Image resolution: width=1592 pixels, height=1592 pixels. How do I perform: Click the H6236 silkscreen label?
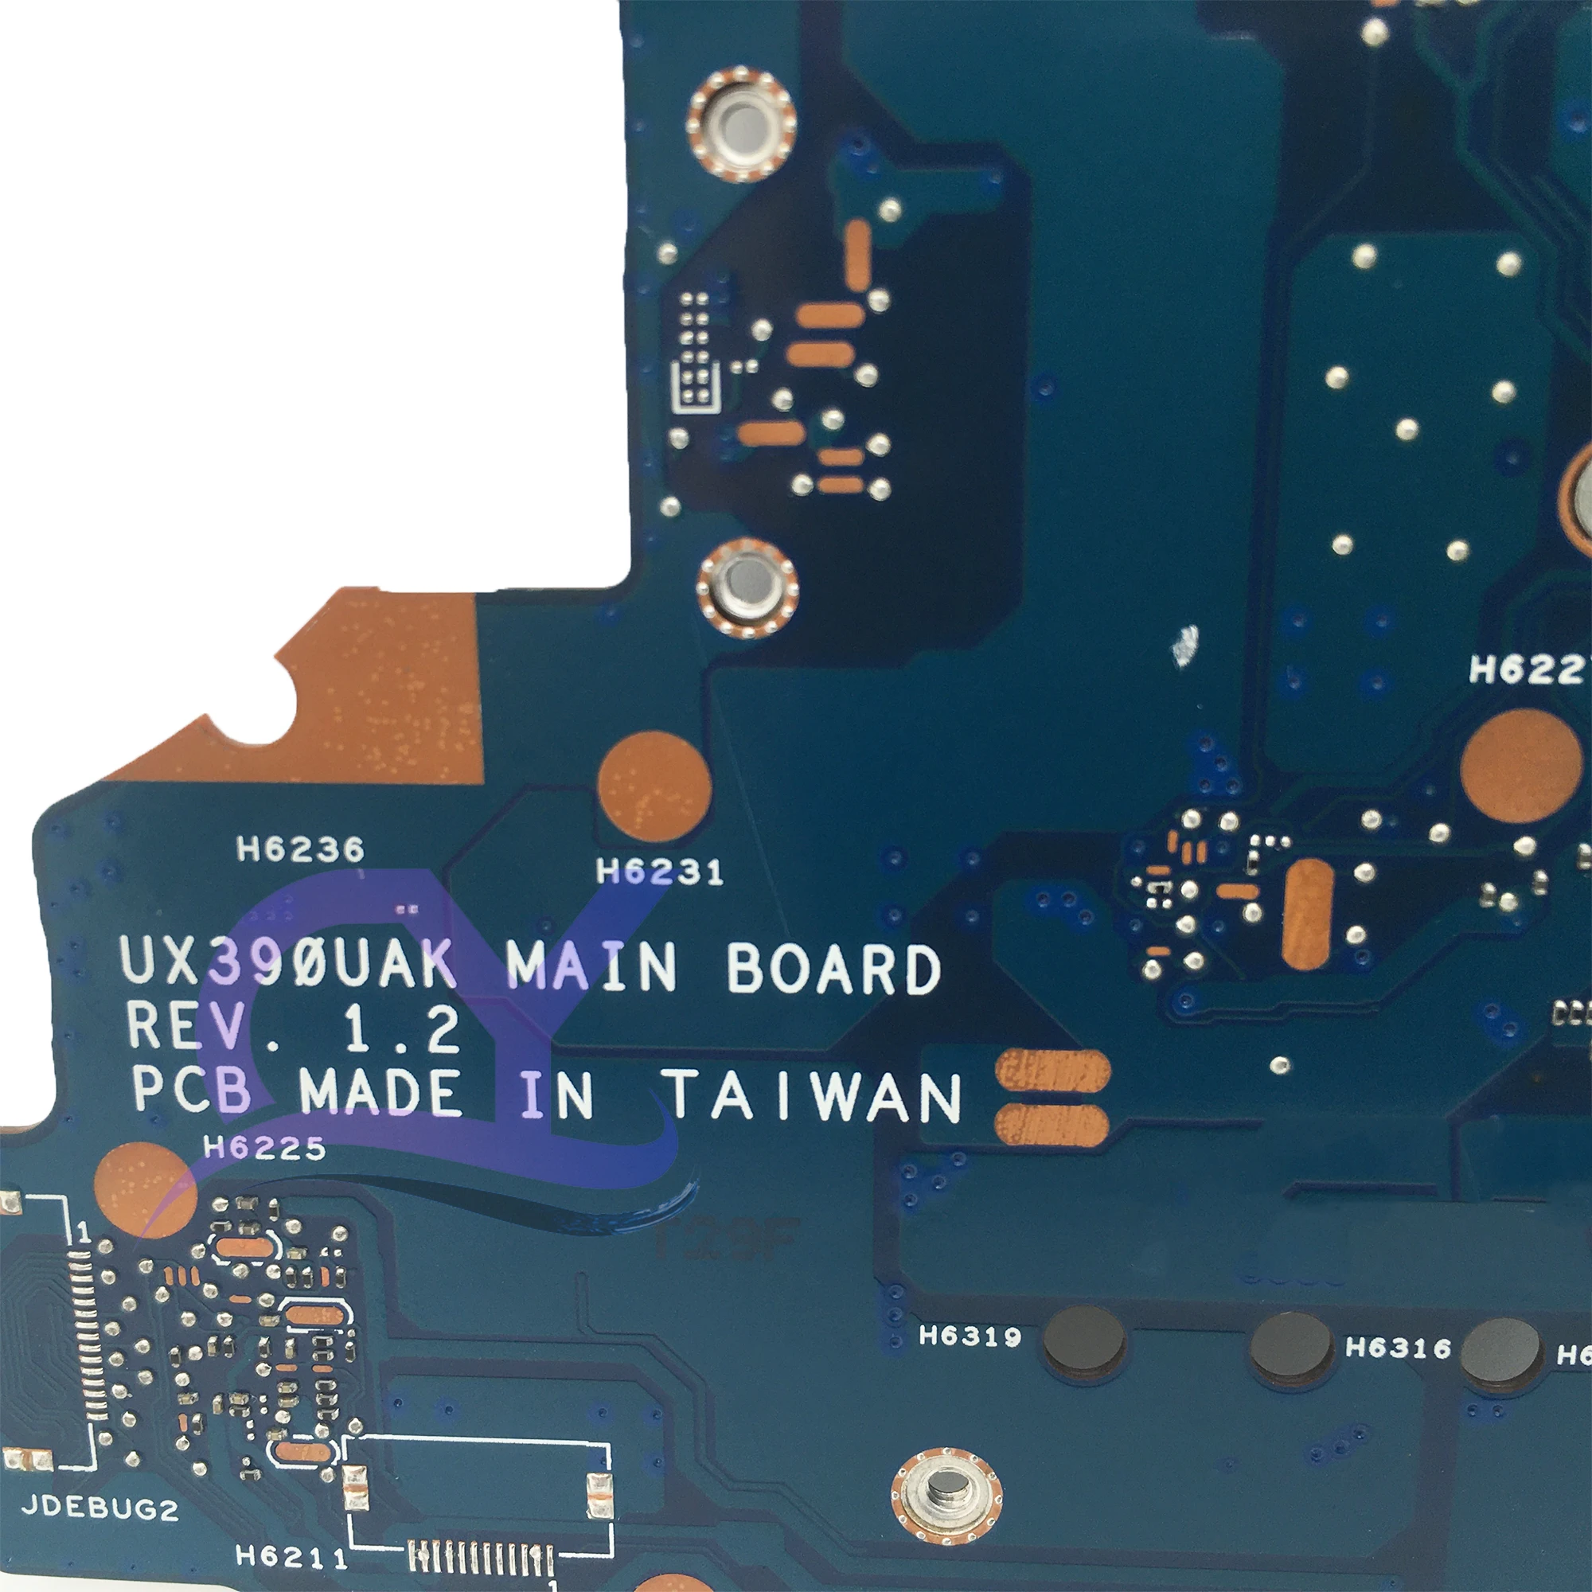[300, 849]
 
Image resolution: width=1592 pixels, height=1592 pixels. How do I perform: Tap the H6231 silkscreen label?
[660, 872]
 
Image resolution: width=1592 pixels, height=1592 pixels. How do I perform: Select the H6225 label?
[264, 1147]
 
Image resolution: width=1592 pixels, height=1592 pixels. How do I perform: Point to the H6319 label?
[970, 1335]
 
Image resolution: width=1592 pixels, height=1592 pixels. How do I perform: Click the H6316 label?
[1399, 1348]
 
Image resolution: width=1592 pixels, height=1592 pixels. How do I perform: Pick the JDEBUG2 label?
[99, 1508]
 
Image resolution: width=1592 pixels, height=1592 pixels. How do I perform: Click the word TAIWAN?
[814, 1096]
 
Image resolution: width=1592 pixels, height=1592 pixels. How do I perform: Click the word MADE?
[380, 1093]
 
